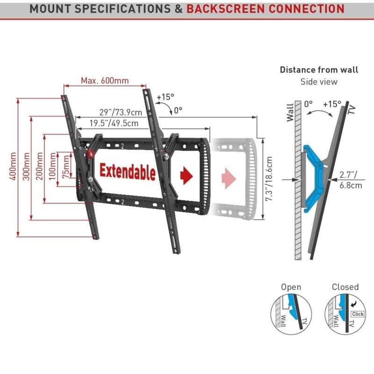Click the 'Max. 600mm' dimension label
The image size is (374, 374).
(105, 80)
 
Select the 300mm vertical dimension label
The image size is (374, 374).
(26, 167)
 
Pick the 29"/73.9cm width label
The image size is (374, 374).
(121, 112)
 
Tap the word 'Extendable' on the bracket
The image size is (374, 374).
(127, 172)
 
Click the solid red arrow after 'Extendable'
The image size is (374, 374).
(187, 175)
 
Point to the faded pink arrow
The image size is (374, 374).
(229, 178)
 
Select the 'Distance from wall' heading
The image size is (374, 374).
(319, 70)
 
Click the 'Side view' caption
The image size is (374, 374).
(319, 82)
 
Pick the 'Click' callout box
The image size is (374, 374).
(358, 314)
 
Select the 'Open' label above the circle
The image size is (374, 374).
(291, 287)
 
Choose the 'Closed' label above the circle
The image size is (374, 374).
(345, 287)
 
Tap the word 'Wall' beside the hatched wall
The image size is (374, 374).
(290, 112)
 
